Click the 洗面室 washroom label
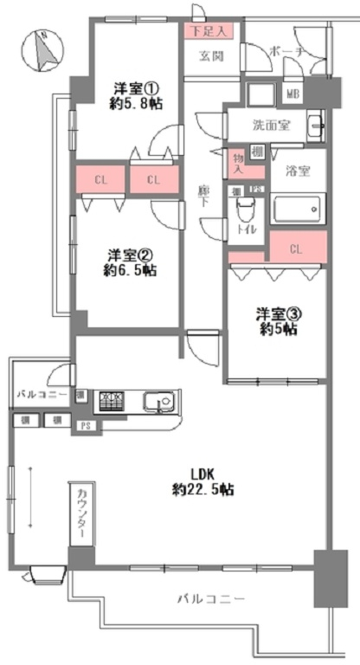(x=270, y=125)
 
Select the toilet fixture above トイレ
(x=246, y=209)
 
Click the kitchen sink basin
(x=158, y=402)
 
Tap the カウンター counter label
(x=81, y=513)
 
